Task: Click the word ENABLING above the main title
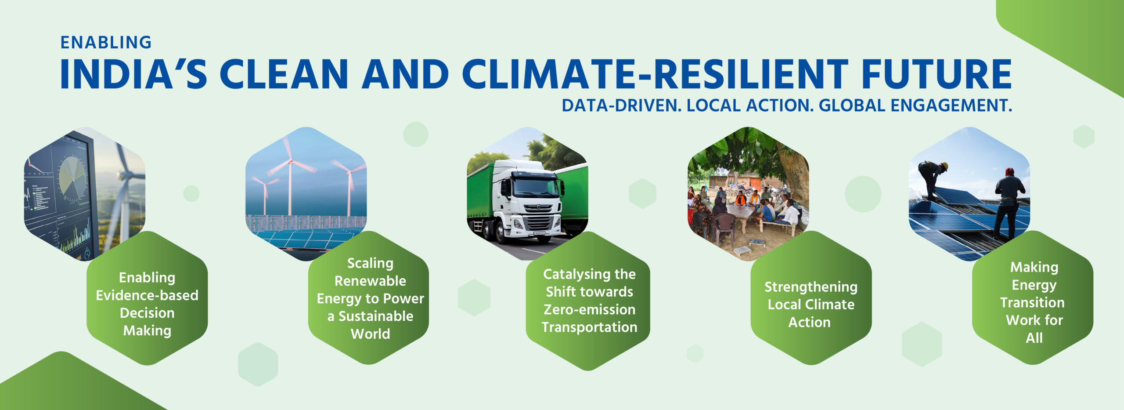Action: coord(106,43)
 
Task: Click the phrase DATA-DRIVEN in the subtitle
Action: coord(622,105)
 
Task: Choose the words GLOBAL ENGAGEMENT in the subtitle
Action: coord(915,105)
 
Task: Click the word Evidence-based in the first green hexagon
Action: coord(147,295)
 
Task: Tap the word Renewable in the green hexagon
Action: coord(370,281)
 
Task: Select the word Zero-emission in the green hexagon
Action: coord(589,309)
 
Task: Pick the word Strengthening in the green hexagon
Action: coord(811,287)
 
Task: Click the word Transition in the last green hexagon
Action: coord(1032,302)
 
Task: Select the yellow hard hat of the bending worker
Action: coord(944,166)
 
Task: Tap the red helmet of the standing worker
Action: coord(1009,171)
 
